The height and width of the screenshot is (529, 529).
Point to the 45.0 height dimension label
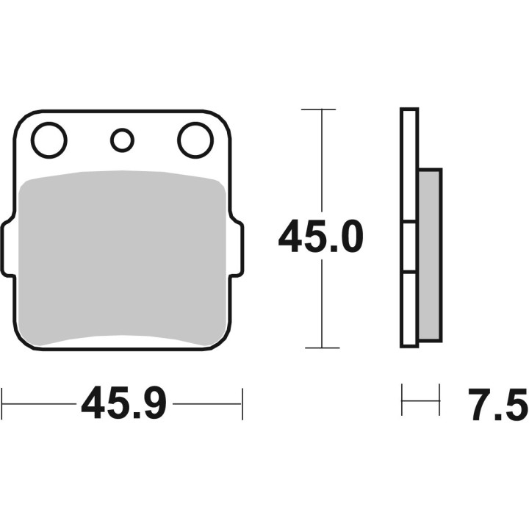coord(321,237)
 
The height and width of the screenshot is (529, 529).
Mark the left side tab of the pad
coord(7,250)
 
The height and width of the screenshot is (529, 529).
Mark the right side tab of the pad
coord(238,250)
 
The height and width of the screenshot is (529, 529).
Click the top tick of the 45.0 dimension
coord(321,109)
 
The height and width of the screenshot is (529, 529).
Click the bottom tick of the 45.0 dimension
coord(321,348)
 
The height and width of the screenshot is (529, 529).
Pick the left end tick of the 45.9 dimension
coord(2,403)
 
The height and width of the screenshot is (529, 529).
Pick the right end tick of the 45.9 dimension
coord(242,403)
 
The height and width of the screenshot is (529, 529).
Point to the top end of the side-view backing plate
coord(409,112)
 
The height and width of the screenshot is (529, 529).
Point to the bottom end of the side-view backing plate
coord(409,343)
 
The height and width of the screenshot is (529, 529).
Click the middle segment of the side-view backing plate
coord(409,247)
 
